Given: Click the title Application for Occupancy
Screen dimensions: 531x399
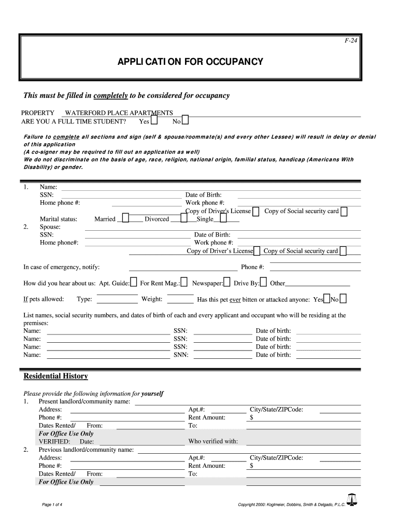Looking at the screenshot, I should tap(190, 62).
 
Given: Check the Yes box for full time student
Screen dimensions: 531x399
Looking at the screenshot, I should tap(154, 121).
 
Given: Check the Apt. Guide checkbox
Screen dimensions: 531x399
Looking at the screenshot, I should tap(134, 283).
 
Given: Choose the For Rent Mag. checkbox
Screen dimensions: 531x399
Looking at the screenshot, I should tap(184, 283).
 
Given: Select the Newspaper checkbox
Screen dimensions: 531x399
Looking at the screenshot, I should tap(227, 283).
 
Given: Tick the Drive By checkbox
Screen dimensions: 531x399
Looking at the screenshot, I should tap(263, 283).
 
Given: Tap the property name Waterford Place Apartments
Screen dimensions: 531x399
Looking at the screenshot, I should tap(119, 113).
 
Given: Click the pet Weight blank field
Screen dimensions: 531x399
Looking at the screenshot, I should tap(180, 299).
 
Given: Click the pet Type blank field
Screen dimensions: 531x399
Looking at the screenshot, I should tap(117, 299).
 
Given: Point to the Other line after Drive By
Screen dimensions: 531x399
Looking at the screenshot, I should tap(318, 284).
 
